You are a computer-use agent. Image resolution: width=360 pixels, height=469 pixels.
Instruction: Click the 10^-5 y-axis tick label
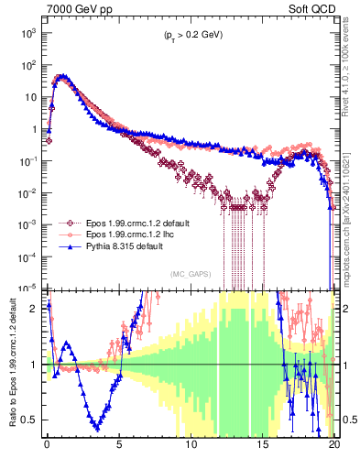tap(27, 288)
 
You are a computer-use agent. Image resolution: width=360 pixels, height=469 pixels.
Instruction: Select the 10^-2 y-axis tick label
tap(27, 192)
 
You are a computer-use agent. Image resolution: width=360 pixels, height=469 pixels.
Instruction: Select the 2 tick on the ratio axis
tap(33, 309)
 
